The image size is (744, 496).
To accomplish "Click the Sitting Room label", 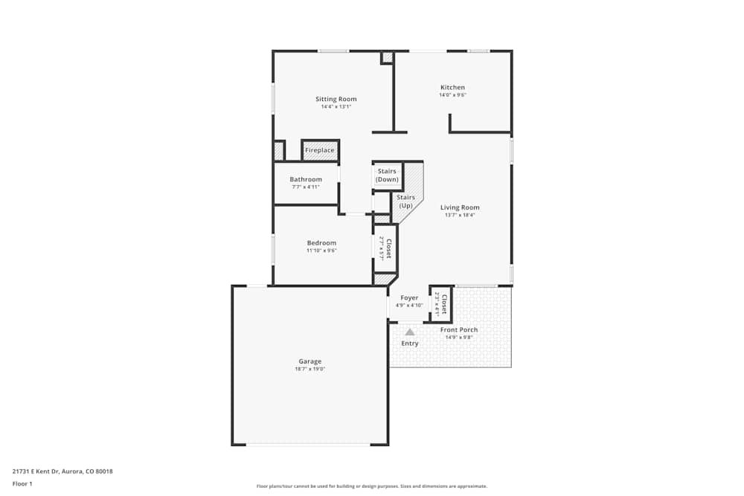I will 336,99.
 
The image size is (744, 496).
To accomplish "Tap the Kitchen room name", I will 452,87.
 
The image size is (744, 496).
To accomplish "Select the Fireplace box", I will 320,150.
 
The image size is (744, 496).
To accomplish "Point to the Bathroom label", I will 306,179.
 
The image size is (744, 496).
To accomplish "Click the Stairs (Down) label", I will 387,175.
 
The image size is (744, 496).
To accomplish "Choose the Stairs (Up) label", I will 405,202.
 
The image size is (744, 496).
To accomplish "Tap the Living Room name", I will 460,207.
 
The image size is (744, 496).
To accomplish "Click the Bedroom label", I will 321,242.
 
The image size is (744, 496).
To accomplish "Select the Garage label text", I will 310,361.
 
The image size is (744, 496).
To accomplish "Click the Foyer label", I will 409,297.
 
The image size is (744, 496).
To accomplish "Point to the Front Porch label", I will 459,329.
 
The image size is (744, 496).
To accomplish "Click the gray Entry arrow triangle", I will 409,332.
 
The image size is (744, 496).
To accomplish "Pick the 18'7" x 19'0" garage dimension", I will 310,369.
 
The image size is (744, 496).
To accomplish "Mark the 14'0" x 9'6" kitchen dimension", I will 452,95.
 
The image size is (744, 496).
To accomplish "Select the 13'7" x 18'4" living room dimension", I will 460,215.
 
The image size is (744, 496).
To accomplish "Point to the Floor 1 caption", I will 22,483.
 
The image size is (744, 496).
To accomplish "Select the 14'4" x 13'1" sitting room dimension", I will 336,106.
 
